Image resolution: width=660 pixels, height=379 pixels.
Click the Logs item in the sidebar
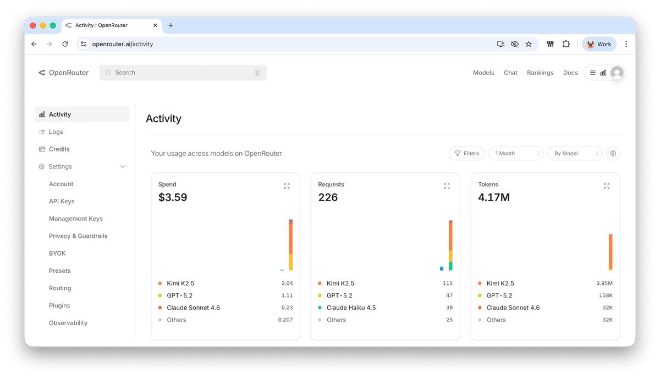(x=56, y=132)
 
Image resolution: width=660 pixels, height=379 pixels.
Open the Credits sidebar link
(x=59, y=149)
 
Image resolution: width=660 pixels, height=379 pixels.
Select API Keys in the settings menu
(x=62, y=202)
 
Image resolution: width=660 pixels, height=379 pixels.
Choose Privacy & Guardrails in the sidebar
(x=78, y=236)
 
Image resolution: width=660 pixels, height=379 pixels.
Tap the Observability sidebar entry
(x=68, y=323)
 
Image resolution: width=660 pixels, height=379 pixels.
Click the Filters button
(x=466, y=154)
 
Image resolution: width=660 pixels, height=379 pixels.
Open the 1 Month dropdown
(x=515, y=154)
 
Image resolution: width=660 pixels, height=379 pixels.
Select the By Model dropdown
(x=574, y=154)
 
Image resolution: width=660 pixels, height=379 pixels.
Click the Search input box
(x=183, y=73)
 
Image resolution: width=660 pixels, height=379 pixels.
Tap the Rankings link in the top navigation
(x=540, y=73)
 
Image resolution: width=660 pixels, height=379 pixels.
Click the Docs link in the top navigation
(x=570, y=73)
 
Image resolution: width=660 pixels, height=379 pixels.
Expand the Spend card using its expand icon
(x=287, y=186)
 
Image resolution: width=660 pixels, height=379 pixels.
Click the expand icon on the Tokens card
(x=606, y=186)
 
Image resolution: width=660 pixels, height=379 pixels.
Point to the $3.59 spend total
(x=173, y=197)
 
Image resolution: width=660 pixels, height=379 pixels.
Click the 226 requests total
(x=328, y=197)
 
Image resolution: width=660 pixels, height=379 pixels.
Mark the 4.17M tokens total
(x=494, y=197)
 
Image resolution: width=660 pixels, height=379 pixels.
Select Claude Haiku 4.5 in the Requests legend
(x=351, y=308)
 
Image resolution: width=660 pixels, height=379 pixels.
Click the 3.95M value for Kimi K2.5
(x=604, y=284)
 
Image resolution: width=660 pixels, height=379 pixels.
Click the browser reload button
(x=65, y=44)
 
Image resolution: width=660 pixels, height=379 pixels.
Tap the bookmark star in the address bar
(x=529, y=44)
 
